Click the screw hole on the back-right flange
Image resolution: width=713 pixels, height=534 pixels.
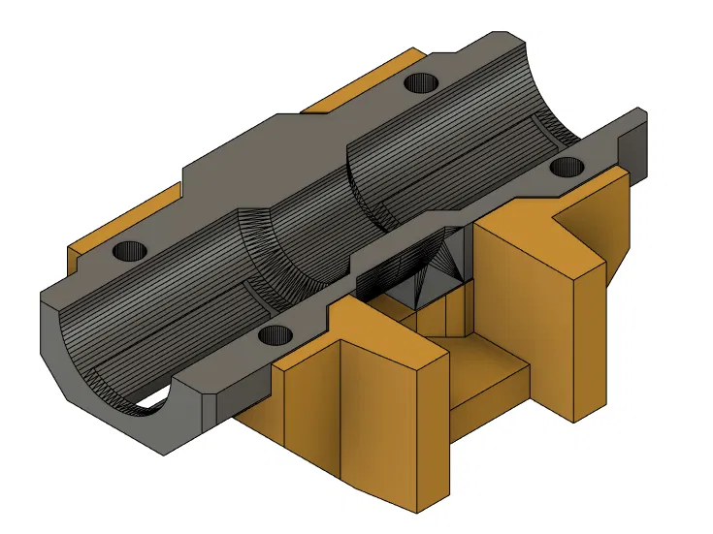pos(422,82)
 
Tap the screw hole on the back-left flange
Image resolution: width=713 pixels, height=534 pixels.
pos(129,252)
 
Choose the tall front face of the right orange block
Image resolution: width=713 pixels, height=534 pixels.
pos(525,330)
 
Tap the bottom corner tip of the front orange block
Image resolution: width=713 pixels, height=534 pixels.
pos(417,510)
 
